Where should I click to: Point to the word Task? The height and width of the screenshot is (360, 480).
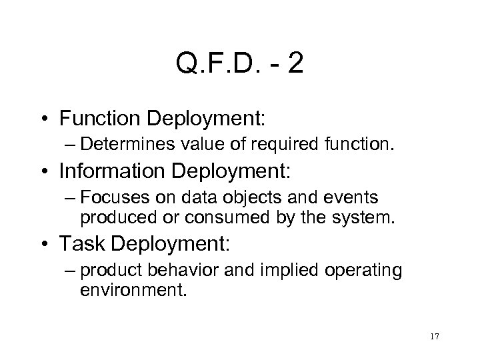click(x=79, y=244)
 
